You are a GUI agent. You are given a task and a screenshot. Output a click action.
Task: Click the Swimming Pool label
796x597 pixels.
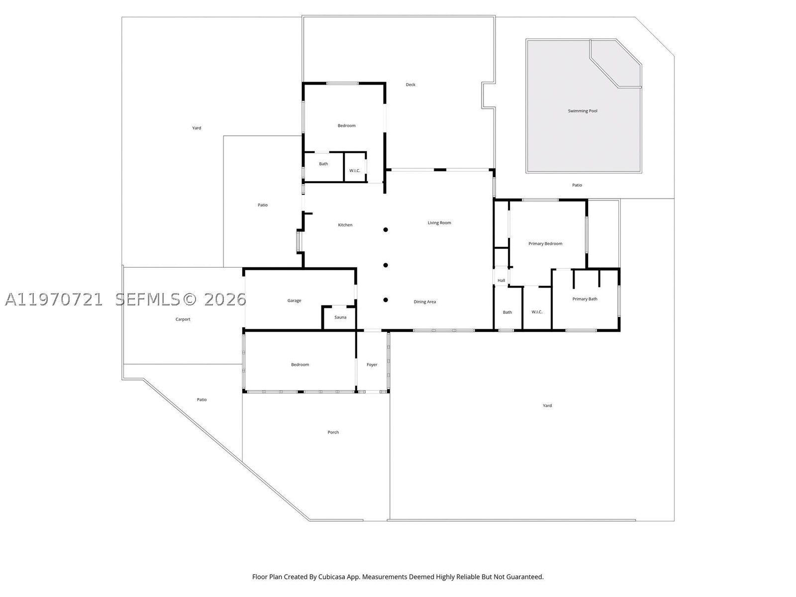click(x=583, y=111)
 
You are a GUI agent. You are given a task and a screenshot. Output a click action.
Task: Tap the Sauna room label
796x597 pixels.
click(x=340, y=317)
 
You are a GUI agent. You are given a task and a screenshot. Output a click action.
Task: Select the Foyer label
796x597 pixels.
click(x=372, y=365)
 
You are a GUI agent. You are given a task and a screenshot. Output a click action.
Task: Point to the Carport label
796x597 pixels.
click(x=183, y=319)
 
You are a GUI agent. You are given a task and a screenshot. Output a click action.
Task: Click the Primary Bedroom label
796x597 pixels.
click(x=545, y=244)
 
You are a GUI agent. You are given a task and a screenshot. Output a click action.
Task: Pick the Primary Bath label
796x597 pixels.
click(x=585, y=299)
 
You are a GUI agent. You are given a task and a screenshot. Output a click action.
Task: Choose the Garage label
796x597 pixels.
click(x=294, y=300)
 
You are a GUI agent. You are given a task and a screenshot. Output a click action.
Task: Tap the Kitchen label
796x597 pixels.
click(x=345, y=225)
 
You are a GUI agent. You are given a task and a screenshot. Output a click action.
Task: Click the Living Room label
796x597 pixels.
click(x=439, y=222)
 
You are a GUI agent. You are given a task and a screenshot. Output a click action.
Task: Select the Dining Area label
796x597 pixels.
click(x=425, y=301)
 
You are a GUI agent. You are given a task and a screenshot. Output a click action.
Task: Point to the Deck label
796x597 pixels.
click(x=410, y=85)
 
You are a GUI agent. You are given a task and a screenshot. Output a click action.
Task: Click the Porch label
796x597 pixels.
click(x=333, y=432)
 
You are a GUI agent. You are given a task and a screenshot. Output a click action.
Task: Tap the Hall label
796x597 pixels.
click(x=501, y=280)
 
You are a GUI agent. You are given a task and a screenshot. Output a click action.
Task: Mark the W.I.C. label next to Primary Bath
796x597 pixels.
click(x=537, y=312)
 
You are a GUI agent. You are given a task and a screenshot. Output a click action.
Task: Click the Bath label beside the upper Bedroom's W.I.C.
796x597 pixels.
click(x=323, y=164)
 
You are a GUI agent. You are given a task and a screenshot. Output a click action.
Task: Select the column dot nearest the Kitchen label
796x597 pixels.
click(x=386, y=229)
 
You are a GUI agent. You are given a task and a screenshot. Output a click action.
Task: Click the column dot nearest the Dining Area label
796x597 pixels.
click(x=386, y=300)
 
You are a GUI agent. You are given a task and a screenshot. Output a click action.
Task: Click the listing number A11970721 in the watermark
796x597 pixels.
click(x=54, y=299)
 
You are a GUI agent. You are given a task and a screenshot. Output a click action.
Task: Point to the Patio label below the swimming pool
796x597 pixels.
click(x=577, y=185)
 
